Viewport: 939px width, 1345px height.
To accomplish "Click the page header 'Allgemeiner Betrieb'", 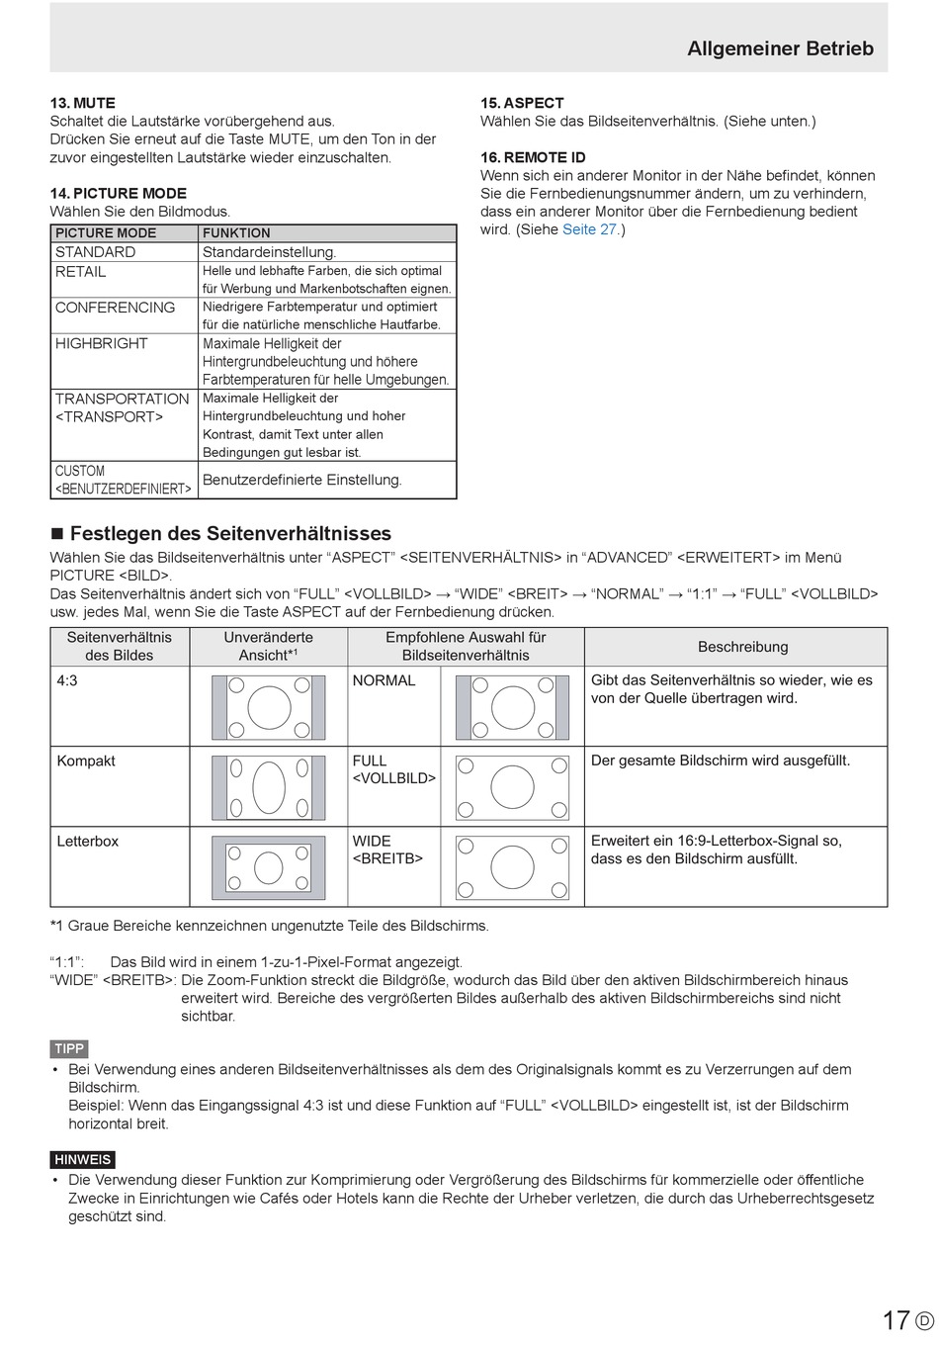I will [x=780, y=48].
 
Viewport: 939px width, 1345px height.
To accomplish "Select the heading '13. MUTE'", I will [x=83, y=103].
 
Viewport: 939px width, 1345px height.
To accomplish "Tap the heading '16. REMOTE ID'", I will [x=533, y=157].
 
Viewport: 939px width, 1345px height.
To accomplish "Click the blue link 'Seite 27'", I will [x=589, y=229].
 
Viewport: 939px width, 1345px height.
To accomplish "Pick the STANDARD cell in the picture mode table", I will [x=96, y=252].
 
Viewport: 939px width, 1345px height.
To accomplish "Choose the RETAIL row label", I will [x=81, y=272].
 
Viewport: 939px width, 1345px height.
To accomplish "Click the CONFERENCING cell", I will [x=115, y=308].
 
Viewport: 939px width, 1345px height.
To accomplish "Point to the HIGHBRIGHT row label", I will [x=102, y=343].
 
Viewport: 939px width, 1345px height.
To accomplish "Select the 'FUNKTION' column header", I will [x=236, y=233].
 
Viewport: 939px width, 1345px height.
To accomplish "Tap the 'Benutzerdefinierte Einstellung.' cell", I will [x=302, y=480].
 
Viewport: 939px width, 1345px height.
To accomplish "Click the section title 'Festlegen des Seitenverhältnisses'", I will [x=230, y=534].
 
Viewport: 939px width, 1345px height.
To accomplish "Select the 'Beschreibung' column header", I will [x=742, y=647].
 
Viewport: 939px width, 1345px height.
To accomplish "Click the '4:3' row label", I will [x=67, y=680].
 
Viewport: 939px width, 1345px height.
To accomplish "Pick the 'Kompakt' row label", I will [x=86, y=761].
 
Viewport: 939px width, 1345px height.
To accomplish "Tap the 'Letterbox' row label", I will [x=88, y=842].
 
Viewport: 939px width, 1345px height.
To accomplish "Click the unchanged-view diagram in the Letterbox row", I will [x=269, y=867].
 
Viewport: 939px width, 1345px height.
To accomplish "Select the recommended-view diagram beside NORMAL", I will [x=512, y=707].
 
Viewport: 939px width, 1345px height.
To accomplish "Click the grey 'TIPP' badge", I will [x=69, y=1048].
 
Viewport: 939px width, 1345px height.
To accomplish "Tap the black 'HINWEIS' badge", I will [x=83, y=1159].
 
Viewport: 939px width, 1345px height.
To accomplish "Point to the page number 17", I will [x=896, y=1320].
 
